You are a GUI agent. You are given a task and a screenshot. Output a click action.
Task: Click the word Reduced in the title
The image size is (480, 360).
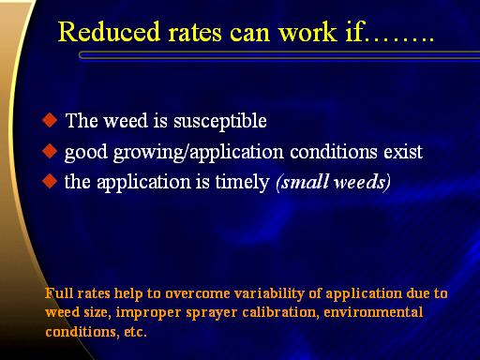click(x=110, y=32)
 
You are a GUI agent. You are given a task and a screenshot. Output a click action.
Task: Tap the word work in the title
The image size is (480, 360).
click(x=307, y=32)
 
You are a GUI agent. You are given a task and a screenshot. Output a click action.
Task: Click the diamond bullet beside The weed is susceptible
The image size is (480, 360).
click(x=50, y=120)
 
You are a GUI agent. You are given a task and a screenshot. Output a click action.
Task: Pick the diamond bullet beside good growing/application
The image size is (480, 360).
click(x=50, y=151)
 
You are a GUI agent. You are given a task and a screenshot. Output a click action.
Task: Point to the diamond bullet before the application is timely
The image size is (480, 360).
click(x=50, y=181)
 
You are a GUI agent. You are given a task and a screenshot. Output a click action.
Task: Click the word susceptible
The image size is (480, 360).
click(x=220, y=122)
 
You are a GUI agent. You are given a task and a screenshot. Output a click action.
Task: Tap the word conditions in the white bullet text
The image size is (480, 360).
click(x=334, y=152)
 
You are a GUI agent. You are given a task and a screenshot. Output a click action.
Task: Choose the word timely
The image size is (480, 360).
click(x=242, y=183)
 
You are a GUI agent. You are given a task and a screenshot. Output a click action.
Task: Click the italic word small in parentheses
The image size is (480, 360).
click(x=303, y=182)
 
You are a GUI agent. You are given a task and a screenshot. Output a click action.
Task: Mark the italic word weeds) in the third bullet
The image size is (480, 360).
click(x=362, y=182)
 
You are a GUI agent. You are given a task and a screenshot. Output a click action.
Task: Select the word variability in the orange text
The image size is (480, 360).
click(x=269, y=294)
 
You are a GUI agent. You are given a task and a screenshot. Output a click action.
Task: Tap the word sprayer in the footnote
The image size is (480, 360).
click(x=211, y=313)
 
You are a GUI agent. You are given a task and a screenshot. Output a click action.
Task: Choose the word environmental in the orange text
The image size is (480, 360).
click(x=373, y=312)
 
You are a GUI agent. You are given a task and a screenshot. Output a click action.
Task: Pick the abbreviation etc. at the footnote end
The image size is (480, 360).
click(x=135, y=332)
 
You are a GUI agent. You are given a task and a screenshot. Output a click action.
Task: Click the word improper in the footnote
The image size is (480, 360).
click(x=148, y=313)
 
